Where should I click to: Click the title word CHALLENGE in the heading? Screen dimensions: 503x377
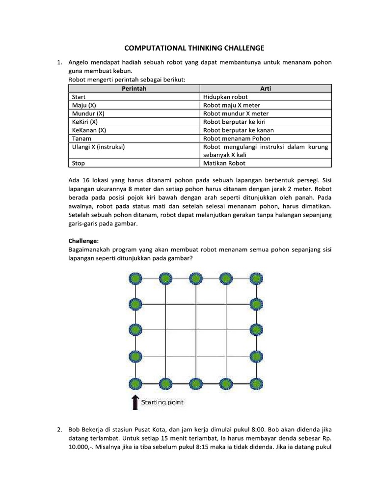(239, 48)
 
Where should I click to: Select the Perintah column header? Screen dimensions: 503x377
(134, 88)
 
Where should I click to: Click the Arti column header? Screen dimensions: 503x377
(266, 88)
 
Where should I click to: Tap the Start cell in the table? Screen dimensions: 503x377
(79, 97)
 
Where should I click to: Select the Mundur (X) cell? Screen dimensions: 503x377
(87, 113)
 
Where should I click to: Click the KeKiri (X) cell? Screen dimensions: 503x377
(85, 122)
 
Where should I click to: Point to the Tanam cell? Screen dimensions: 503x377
(81, 139)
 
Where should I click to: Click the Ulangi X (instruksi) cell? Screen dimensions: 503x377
(98, 147)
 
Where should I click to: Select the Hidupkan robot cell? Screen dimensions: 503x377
(225, 97)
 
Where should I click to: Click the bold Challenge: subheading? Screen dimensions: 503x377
(84, 241)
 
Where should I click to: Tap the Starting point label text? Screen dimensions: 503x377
(162, 402)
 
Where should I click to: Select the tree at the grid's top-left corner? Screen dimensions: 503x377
(135, 279)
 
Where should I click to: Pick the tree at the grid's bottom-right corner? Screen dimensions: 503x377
(256, 383)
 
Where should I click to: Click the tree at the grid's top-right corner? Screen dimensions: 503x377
(256, 279)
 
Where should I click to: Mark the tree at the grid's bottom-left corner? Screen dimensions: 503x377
(135, 383)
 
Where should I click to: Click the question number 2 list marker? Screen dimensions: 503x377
(59, 430)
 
